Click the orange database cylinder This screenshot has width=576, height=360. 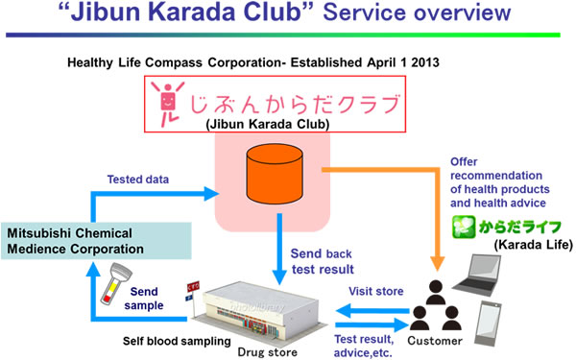tap(277, 174)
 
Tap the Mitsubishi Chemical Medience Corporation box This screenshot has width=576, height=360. tap(97, 240)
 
